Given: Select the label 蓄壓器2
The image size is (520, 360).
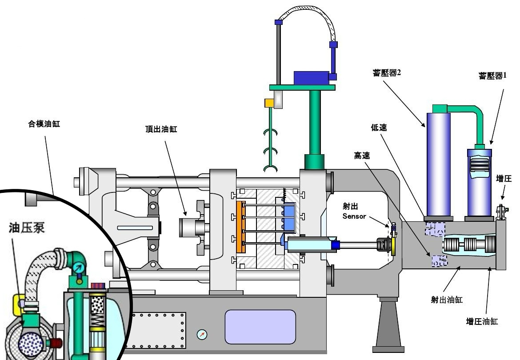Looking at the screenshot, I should (x=387, y=73).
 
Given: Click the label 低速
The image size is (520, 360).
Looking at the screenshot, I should (x=379, y=128).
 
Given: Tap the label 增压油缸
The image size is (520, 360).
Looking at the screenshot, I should (x=482, y=321).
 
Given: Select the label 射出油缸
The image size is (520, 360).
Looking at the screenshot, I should (x=446, y=300).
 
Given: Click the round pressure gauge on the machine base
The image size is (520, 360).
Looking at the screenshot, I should (x=202, y=334).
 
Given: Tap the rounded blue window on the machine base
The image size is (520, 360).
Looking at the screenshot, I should (x=260, y=326).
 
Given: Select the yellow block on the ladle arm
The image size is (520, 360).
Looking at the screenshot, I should (x=269, y=103).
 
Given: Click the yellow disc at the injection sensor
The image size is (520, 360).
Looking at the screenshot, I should (x=393, y=244).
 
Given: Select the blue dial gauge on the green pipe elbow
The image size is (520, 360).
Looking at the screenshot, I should (x=79, y=268).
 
